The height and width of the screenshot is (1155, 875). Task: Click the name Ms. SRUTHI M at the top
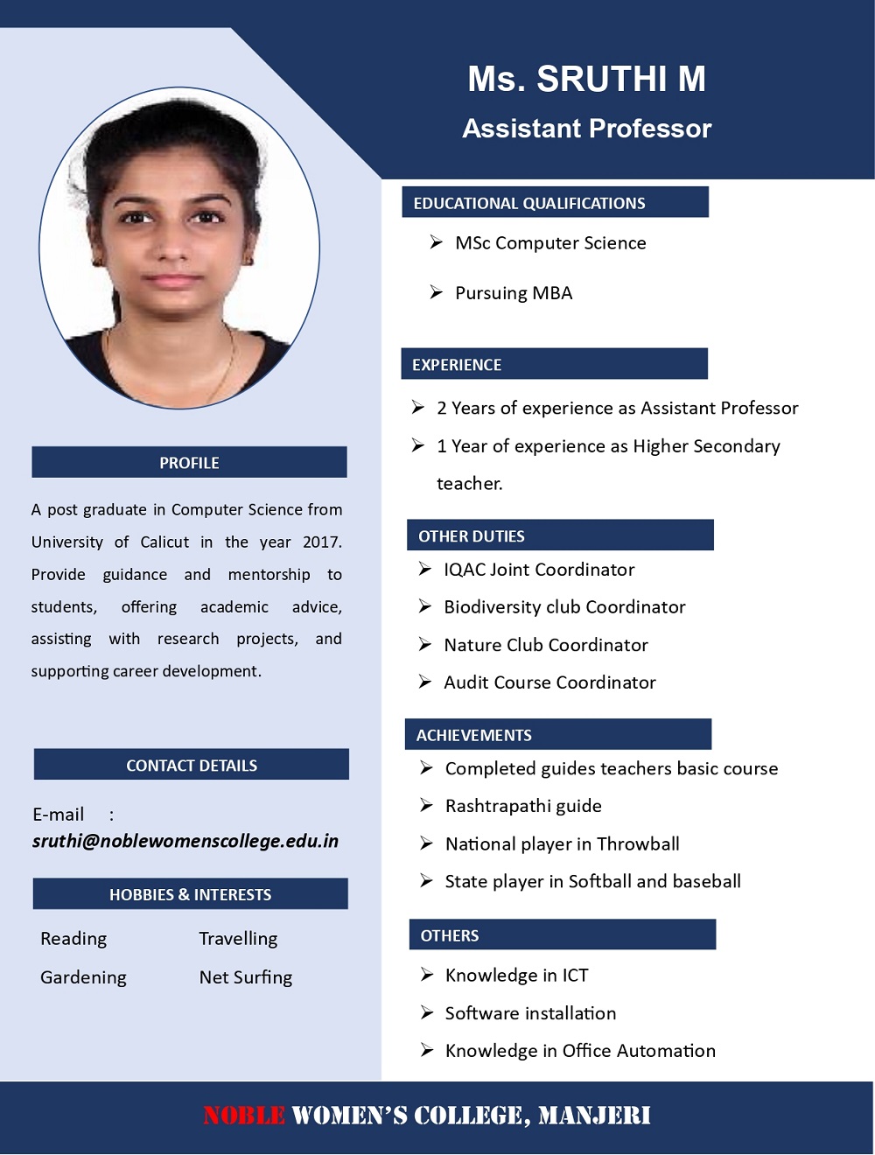coord(586,79)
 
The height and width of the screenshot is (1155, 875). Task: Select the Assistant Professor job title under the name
coord(586,129)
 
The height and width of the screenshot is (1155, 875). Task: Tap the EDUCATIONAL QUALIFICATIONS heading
coord(529,203)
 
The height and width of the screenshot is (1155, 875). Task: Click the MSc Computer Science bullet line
coord(550,243)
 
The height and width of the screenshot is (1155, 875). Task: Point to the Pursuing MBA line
coord(514,293)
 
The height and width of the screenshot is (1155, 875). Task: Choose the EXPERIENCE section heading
coord(457,365)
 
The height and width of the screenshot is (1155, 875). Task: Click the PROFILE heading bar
coord(189,463)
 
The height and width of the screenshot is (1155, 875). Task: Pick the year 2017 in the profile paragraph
coord(321,542)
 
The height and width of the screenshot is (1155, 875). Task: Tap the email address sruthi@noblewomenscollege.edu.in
coord(185,841)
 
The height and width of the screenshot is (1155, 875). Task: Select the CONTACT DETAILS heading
coord(192,766)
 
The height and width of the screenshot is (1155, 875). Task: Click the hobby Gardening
coord(83,977)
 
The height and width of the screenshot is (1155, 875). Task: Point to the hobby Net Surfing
coord(246,977)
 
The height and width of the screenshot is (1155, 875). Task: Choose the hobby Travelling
coord(238,939)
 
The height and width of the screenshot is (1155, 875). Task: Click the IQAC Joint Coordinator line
coord(539,570)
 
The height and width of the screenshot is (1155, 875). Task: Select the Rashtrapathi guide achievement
coord(523,806)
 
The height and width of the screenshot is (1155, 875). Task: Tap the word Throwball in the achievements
coord(638,844)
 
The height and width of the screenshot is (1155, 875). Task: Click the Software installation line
coord(530,1013)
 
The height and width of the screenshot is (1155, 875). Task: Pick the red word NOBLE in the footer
coord(244,1116)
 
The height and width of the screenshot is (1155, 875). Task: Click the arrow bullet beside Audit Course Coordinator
coord(425,682)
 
